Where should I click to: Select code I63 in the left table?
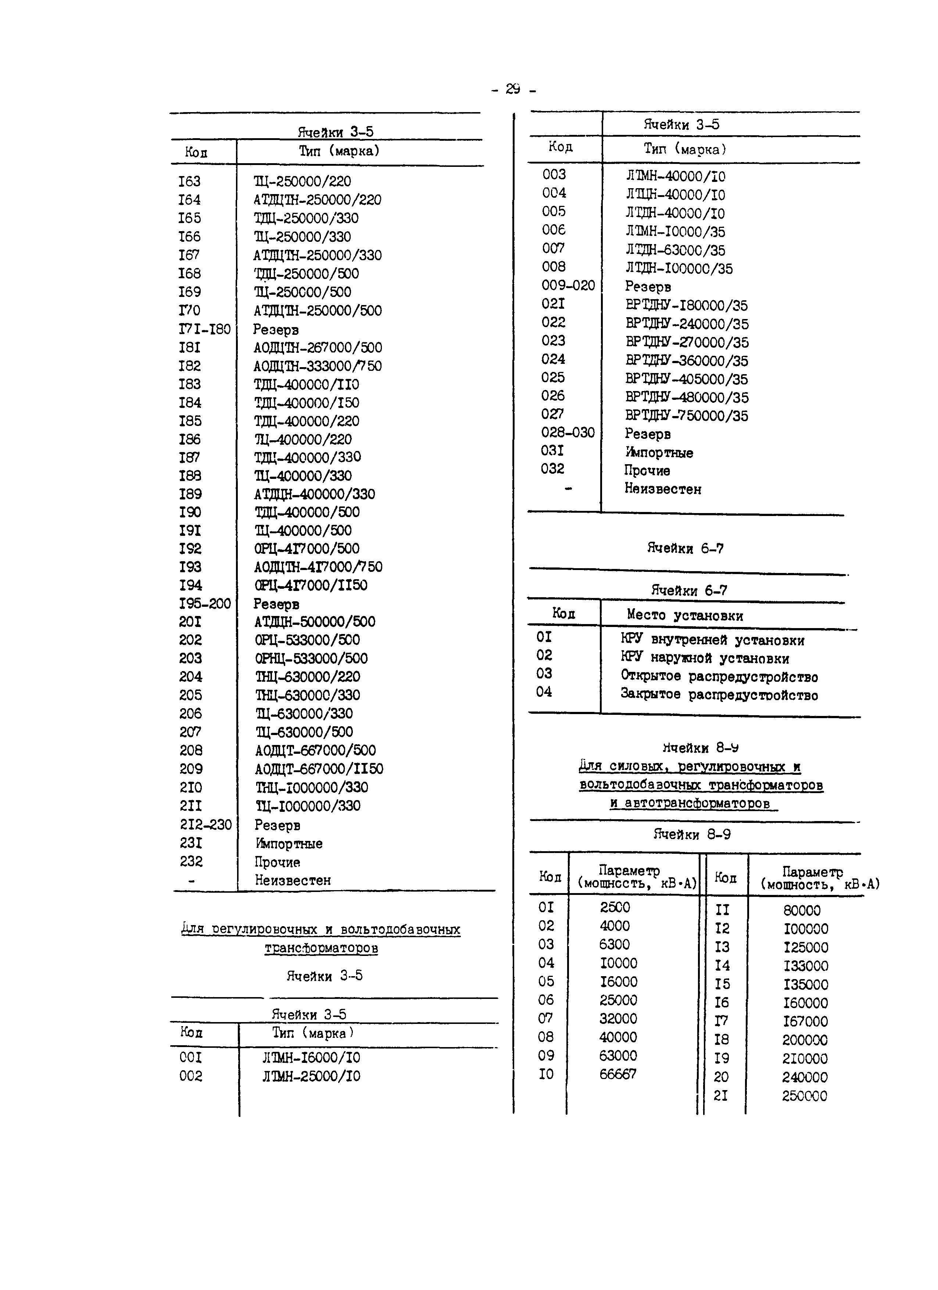tap(189, 182)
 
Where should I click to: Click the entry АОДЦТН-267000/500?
tap(318, 348)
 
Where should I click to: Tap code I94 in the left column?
tap(190, 585)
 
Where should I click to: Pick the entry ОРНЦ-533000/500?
tap(311, 659)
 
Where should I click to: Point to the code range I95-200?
tap(205, 603)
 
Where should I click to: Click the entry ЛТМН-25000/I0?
tap(311, 1076)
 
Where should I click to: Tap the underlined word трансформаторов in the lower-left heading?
tap(321, 948)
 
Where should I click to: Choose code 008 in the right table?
tap(554, 267)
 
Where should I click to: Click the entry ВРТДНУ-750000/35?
tap(687, 416)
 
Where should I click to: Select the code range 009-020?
tap(568, 286)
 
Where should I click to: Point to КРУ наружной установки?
tap(705, 659)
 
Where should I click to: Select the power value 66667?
tap(617, 1074)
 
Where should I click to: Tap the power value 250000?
tap(804, 1096)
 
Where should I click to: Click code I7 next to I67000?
tap(721, 1021)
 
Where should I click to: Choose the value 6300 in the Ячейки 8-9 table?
tap(614, 944)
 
